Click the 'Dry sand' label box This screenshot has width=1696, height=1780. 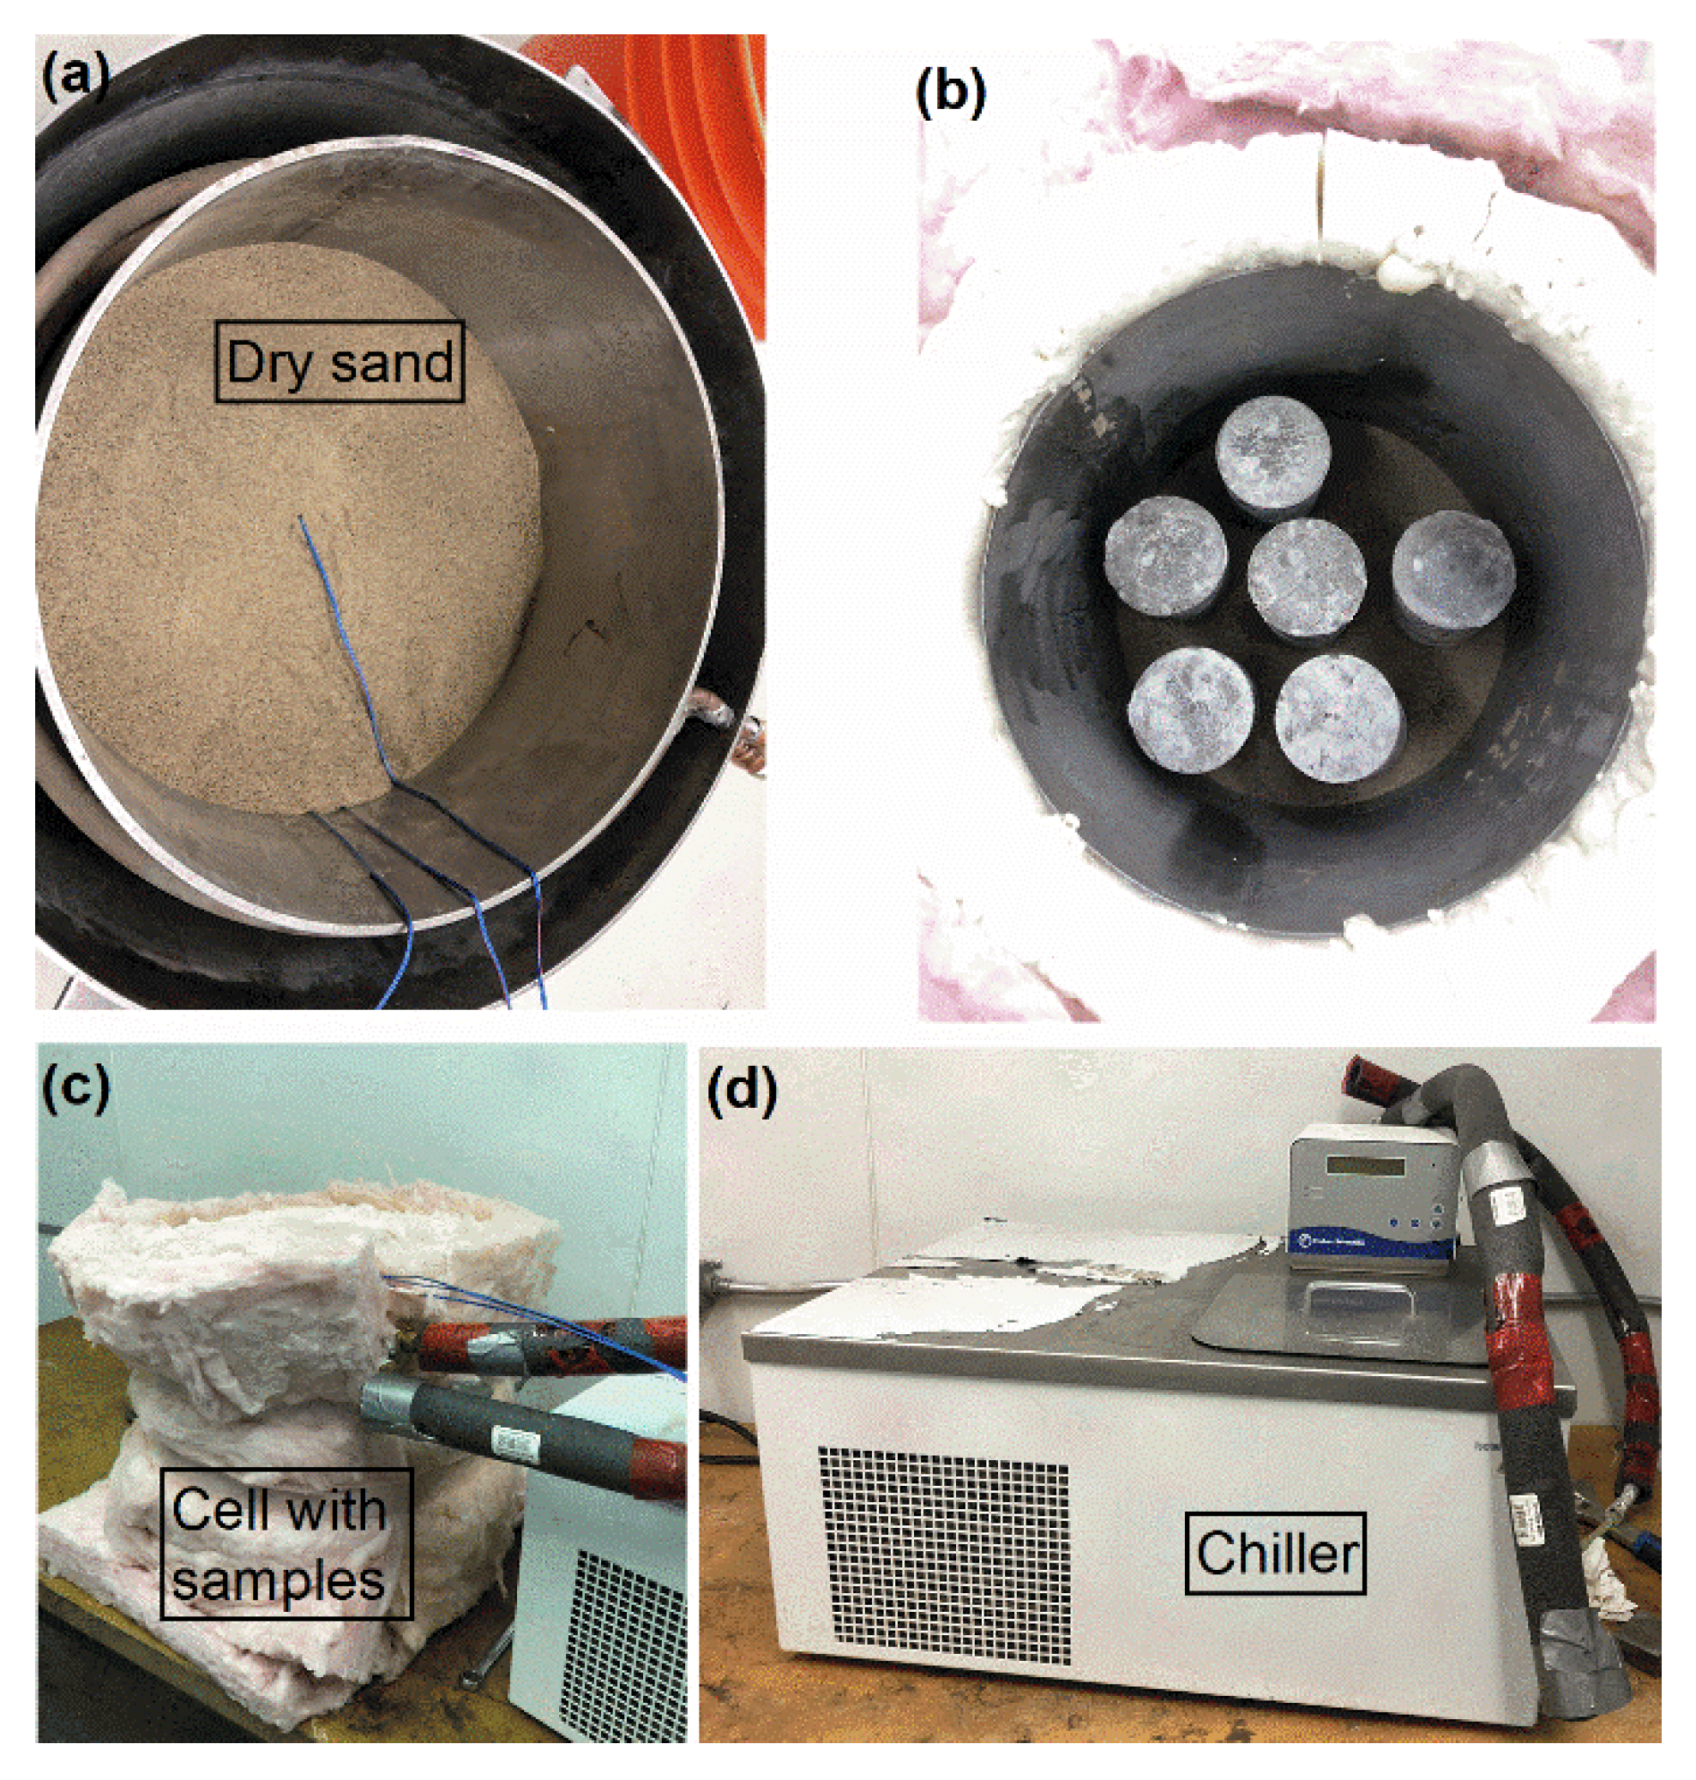click(x=340, y=362)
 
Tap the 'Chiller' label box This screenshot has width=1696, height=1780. click(x=1275, y=1553)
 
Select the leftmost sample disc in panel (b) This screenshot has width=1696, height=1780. click(x=1166, y=554)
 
